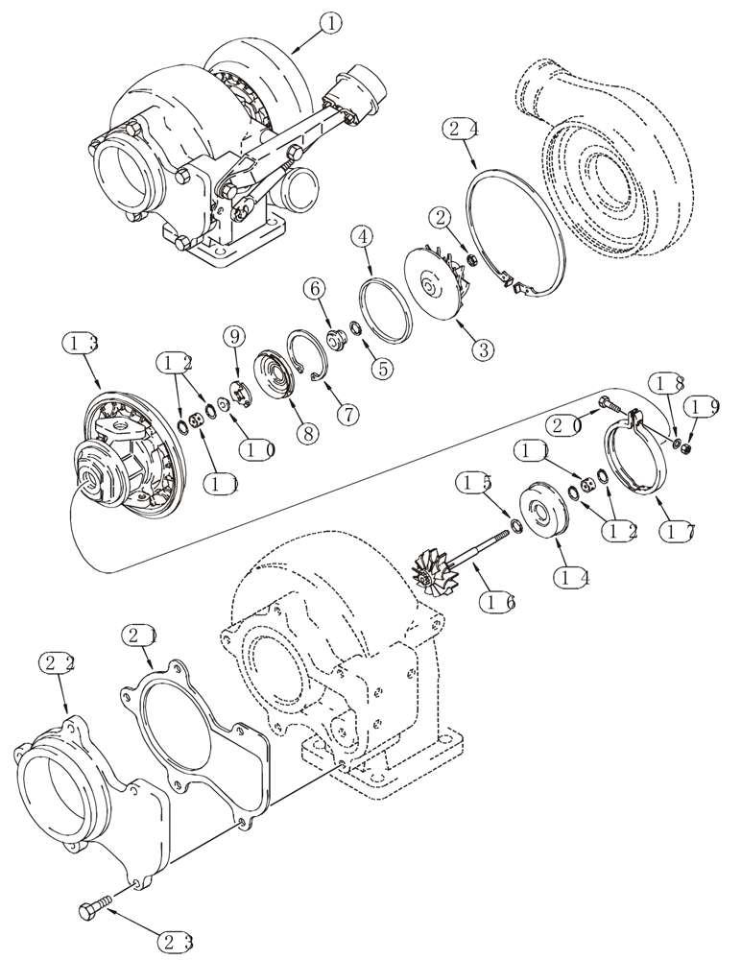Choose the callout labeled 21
click(x=139, y=636)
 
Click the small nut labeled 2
click(x=472, y=257)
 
